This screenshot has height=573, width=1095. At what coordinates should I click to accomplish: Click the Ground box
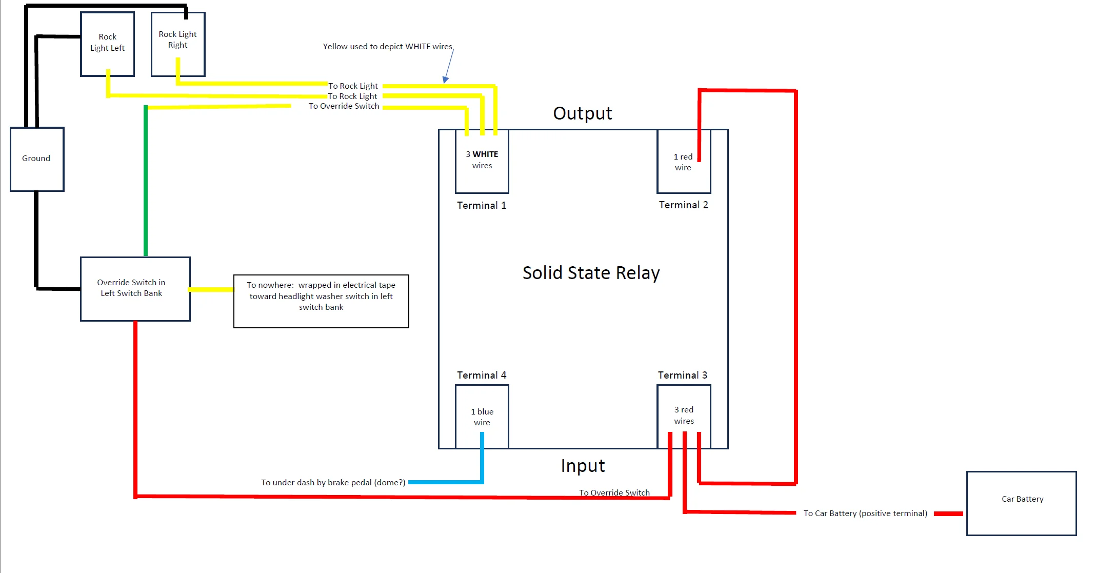tap(37, 159)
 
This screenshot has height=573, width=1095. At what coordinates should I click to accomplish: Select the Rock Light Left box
tap(108, 44)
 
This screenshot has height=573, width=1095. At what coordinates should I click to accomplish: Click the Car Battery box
tap(1021, 503)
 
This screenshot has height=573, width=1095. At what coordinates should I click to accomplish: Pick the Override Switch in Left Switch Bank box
tap(135, 289)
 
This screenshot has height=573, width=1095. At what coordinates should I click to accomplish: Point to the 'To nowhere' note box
tap(321, 301)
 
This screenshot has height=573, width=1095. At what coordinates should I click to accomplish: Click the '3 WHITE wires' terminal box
tap(482, 161)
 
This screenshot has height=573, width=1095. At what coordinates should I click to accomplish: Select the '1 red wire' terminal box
tap(683, 162)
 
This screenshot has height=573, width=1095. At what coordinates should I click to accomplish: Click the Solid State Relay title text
tap(591, 273)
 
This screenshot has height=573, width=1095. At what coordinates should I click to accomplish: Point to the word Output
tap(583, 113)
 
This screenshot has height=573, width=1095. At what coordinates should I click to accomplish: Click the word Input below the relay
tap(583, 466)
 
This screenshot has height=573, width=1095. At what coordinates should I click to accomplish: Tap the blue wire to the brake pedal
tap(445, 482)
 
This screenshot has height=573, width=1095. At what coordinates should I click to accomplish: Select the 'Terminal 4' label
tap(482, 375)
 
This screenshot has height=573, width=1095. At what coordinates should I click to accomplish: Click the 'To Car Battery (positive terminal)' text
tap(865, 513)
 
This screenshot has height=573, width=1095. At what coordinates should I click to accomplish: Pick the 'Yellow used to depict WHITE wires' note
tap(387, 47)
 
